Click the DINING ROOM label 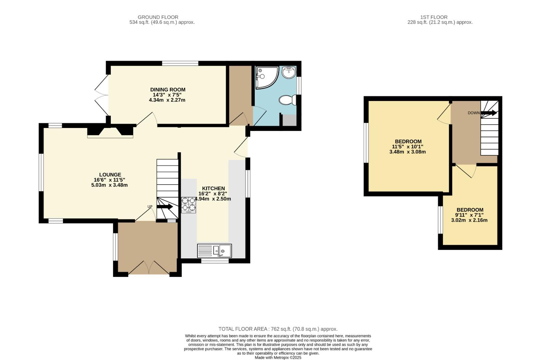pyautogui.click(x=167, y=90)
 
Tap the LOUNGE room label pyautogui.click(x=110, y=175)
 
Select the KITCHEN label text pyautogui.click(x=213, y=188)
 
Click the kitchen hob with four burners pyautogui.click(x=189, y=205)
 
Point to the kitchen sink pyautogui.click(x=214, y=250)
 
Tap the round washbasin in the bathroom pyautogui.click(x=289, y=72)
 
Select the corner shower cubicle pyautogui.click(x=265, y=77)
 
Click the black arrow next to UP pyautogui.click(x=165, y=207)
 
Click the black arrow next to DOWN pyautogui.click(x=489, y=113)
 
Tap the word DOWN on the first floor pyautogui.click(x=473, y=113)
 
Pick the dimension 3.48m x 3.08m pyautogui.click(x=408, y=152)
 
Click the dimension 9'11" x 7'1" pyautogui.click(x=470, y=215)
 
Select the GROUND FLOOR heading pyautogui.click(x=158, y=17)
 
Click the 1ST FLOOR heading pyautogui.click(x=434, y=17)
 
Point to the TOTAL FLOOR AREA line pyautogui.click(x=278, y=329)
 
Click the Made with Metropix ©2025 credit pyautogui.click(x=278, y=357)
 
